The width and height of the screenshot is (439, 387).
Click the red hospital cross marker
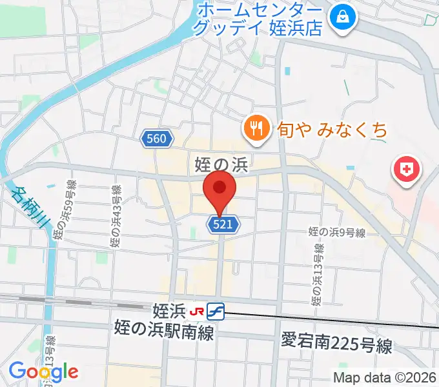point(406,170)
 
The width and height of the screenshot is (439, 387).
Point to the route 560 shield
point(156,138)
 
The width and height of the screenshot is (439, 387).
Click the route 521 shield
point(224,224)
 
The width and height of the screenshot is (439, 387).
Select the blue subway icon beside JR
point(215,312)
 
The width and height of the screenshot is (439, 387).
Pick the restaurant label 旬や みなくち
point(333,130)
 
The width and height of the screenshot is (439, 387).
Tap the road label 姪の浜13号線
point(316,277)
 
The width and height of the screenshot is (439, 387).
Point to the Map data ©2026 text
point(385,378)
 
